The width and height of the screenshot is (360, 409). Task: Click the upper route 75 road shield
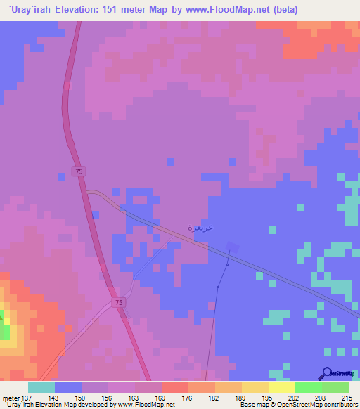(79, 171)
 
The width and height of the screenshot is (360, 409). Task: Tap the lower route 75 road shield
(120, 302)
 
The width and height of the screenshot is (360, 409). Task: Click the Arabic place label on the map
(200, 228)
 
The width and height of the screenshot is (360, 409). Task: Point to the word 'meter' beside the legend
(10, 397)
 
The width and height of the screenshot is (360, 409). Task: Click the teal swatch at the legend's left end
(41, 387)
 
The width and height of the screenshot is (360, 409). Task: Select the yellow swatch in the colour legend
(281, 387)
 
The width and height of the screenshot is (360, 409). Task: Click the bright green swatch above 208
(308, 387)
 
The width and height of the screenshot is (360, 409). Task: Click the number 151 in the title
(115, 10)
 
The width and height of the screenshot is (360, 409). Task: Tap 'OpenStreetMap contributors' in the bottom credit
(320, 405)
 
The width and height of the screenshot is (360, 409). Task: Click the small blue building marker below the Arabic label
(232, 247)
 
